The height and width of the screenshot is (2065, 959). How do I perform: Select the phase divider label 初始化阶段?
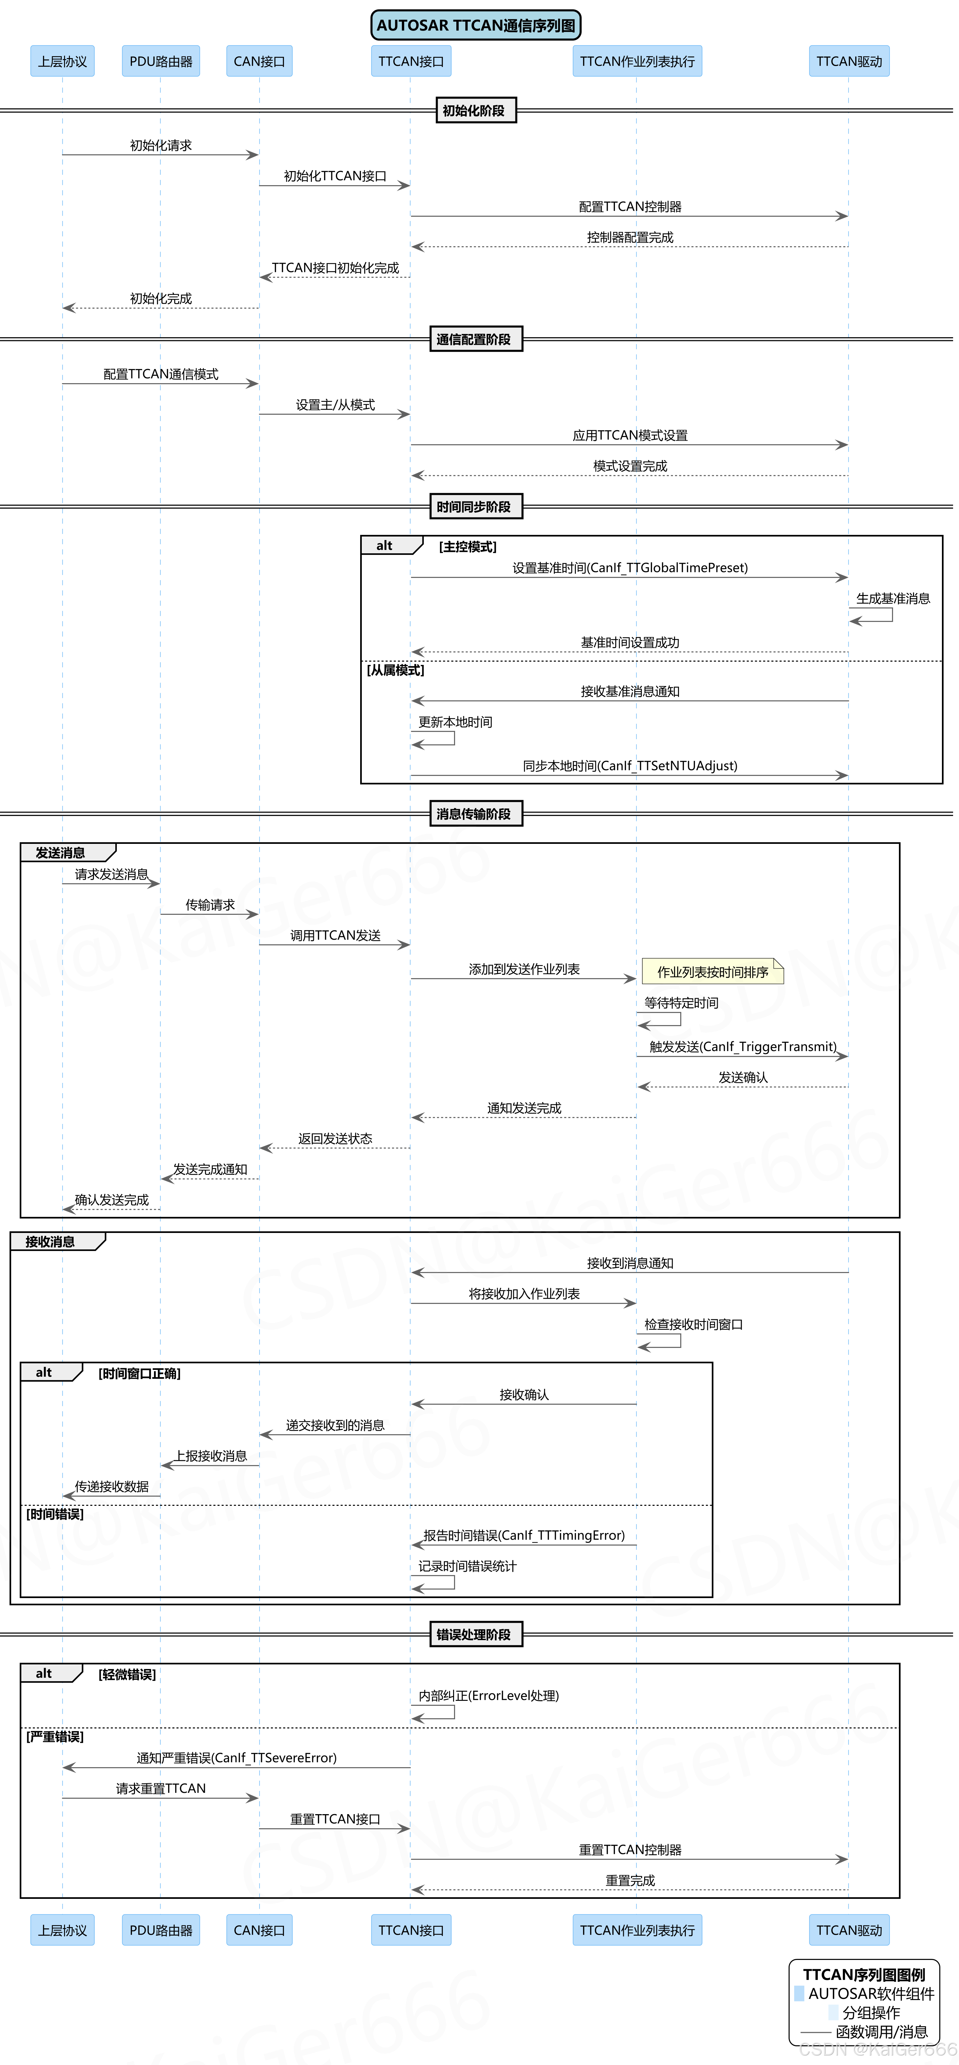pyautogui.click(x=475, y=111)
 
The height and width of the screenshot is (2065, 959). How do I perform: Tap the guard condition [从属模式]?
pyautogui.click(x=395, y=670)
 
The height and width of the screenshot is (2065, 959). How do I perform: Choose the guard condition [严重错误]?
pyautogui.click(x=54, y=1736)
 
